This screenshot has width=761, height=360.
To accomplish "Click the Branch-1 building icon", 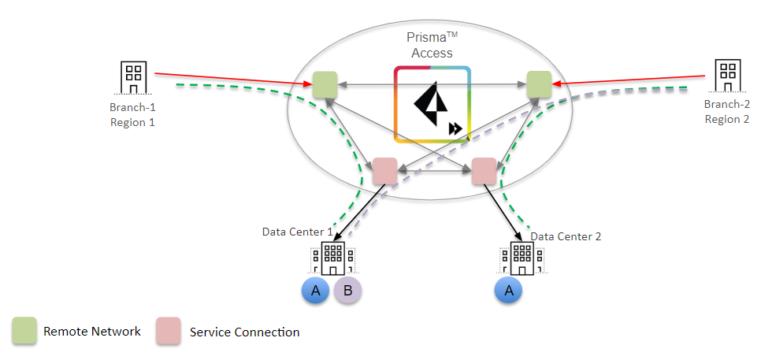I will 133,77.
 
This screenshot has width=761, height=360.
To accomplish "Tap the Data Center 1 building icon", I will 332,258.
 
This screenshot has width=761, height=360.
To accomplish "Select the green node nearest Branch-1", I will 325,84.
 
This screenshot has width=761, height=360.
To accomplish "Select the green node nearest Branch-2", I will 539,84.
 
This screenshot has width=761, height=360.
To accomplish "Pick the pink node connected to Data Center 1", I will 384,171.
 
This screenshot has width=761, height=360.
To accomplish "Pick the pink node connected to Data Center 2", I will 483,171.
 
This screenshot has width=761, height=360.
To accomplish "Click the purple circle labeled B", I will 347,291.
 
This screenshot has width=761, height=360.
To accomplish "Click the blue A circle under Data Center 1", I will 315,291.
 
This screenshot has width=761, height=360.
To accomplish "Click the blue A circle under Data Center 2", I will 507,291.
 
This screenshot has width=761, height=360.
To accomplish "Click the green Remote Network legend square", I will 24,332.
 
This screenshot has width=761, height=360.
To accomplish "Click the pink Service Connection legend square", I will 169,332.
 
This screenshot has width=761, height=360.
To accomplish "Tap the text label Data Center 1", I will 298,232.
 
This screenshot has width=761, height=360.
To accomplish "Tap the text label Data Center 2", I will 566,236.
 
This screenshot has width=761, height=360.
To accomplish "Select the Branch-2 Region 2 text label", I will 726,111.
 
